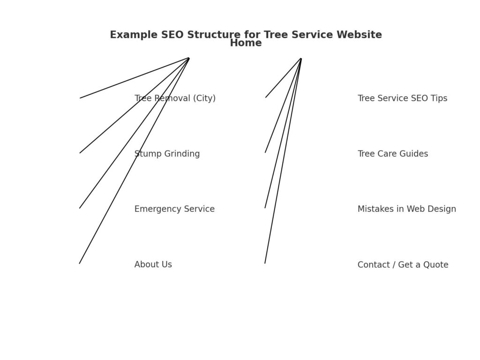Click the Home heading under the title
tap(246, 43)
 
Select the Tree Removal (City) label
tap(175, 98)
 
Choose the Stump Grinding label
tap(167, 154)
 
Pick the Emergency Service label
tap(174, 209)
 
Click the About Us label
tap(153, 264)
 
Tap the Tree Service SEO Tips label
tap(402, 98)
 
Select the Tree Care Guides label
tap(392, 154)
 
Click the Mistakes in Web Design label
tap(406, 209)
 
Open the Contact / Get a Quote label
tap(403, 265)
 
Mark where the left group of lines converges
tap(189, 58)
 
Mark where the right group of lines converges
tap(301, 59)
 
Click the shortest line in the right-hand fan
tap(283, 78)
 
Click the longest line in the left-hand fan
tap(134, 161)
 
